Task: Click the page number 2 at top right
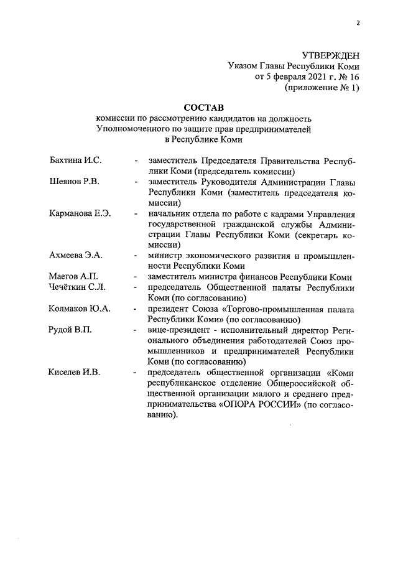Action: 358,24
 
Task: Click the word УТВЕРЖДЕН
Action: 330,55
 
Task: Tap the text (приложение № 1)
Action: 322,88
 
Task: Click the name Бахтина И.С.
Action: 75,160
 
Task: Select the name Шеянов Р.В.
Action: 74,182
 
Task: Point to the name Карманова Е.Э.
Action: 80,214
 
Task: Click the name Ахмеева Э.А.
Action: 75,255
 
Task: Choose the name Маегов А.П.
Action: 73,276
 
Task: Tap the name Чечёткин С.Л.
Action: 76,287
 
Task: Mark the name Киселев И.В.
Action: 74,372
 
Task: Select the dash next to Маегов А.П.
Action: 136,277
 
